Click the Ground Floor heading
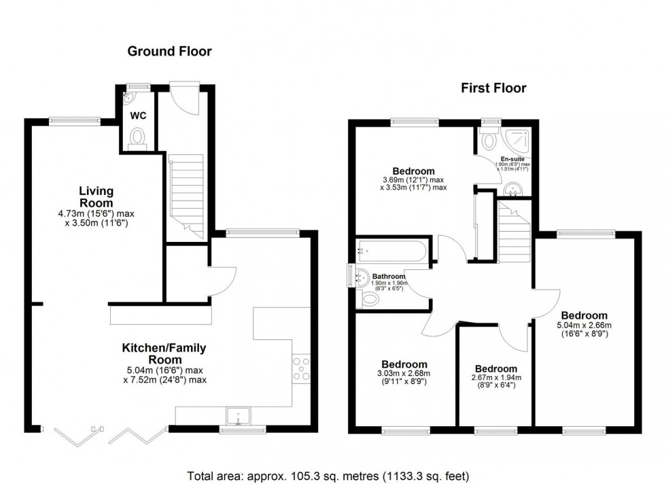pos(169,51)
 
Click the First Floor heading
pos(495,88)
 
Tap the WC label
pos(138,116)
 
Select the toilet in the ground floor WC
pos(138,139)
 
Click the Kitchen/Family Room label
pos(164,353)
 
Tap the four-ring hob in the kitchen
pos(301,368)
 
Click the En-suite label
pos(514,158)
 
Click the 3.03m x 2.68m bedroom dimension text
pos(404,373)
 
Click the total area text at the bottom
pos(328,475)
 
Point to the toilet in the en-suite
pos(488,140)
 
